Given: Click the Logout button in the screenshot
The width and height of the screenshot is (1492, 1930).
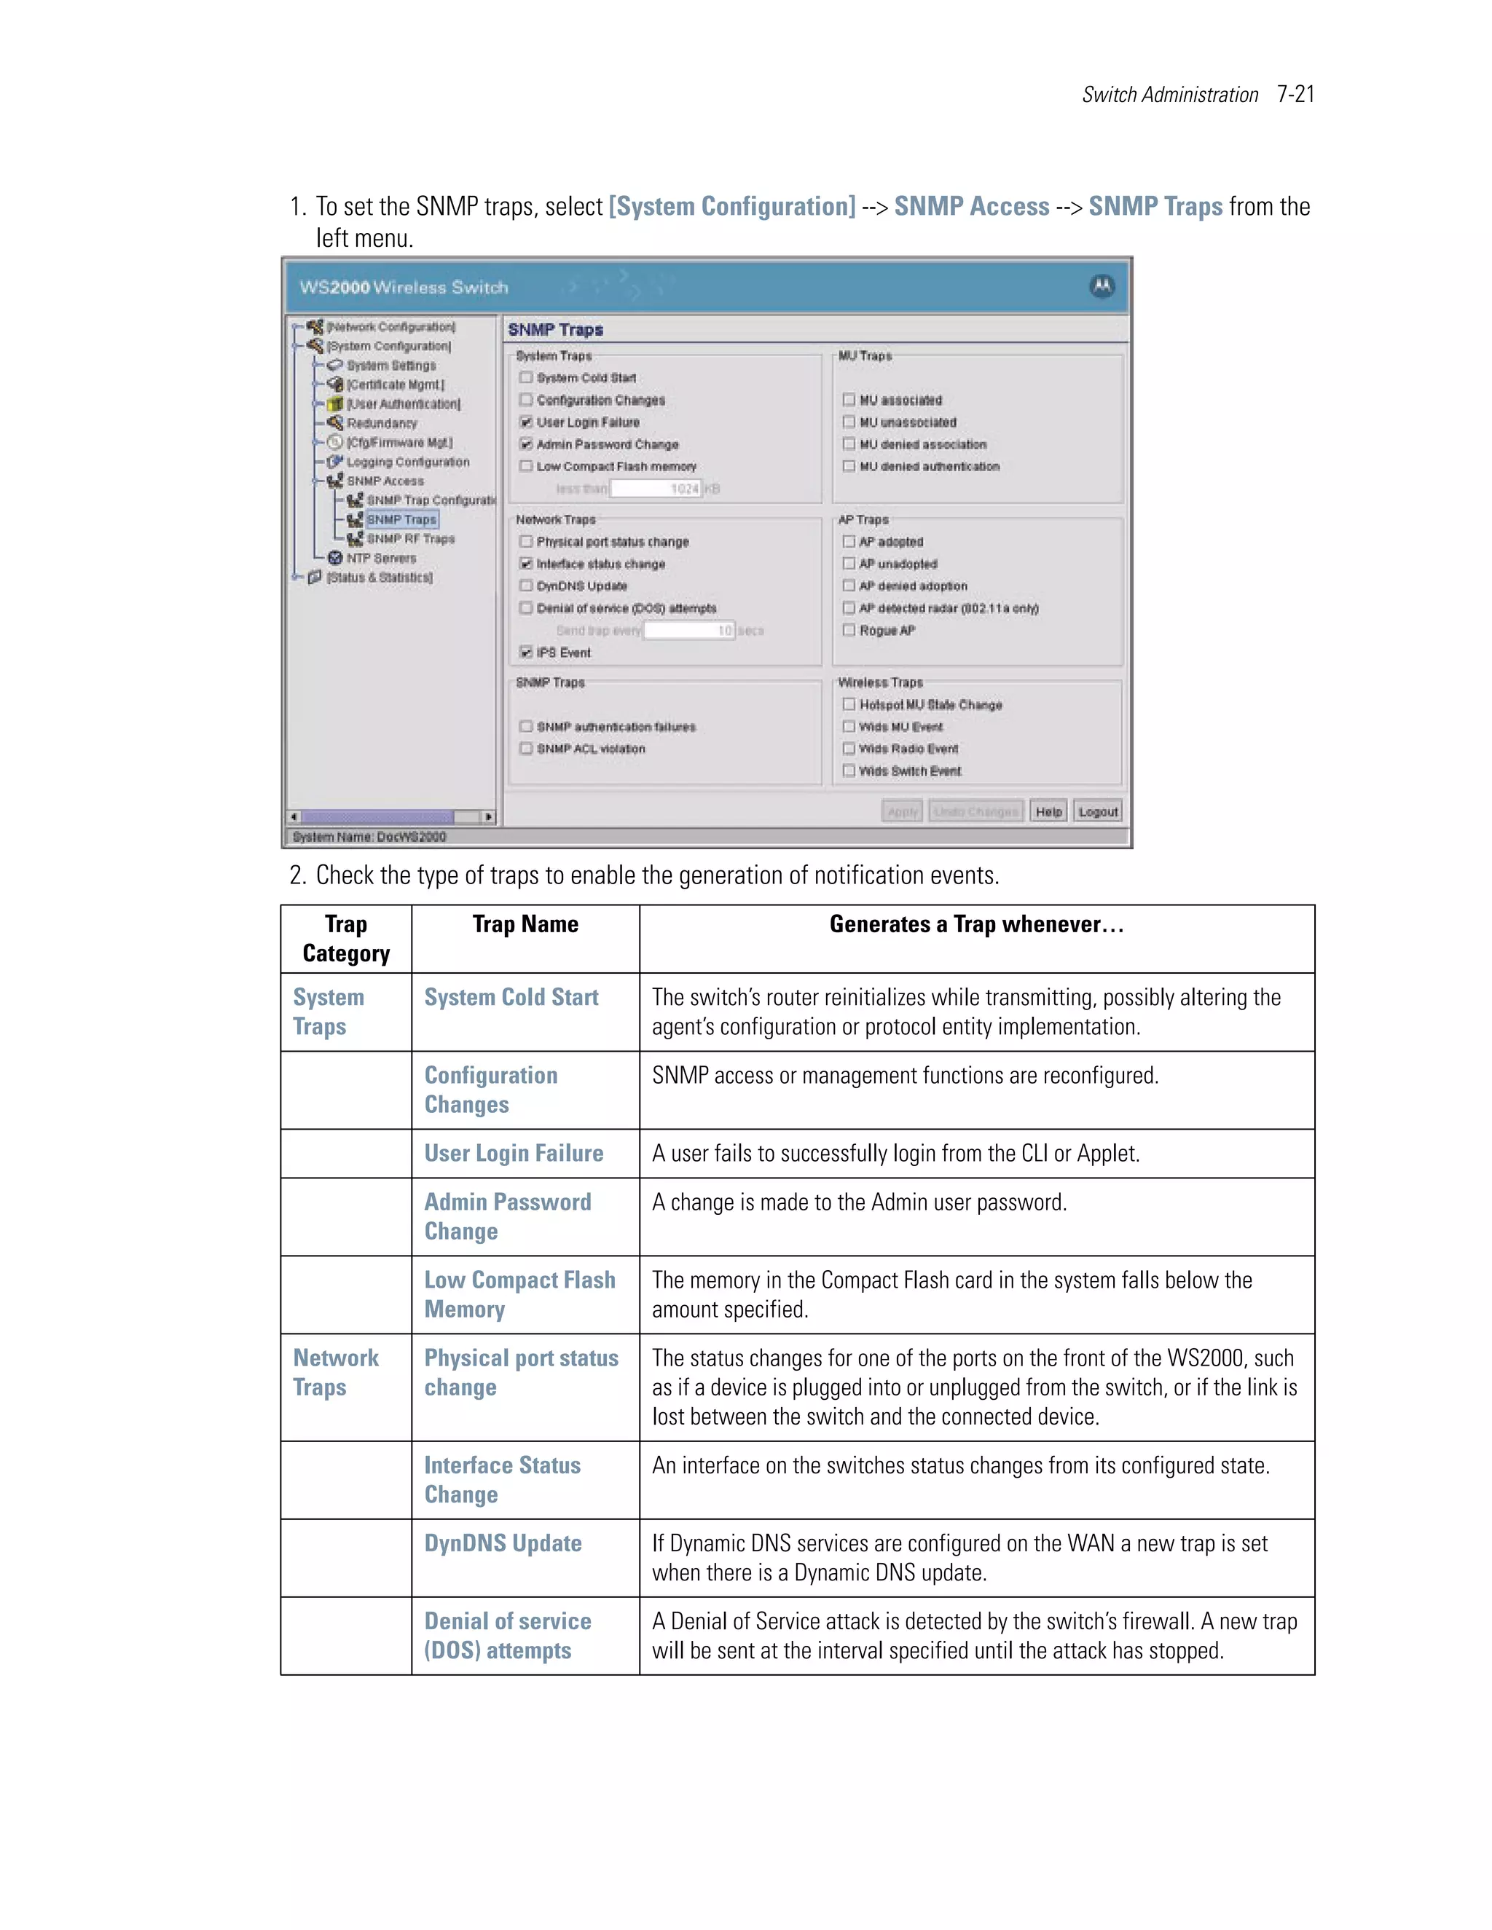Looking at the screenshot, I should [x=1098, y=811].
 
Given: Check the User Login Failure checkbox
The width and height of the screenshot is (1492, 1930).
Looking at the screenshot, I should [x=526, y=422].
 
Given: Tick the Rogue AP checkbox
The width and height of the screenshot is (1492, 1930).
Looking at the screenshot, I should [x=849, y=630].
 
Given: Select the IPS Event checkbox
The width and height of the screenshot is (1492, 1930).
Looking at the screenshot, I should [x=526, y=652].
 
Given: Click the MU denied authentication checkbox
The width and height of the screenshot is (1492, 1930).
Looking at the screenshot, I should [x=849, y=467].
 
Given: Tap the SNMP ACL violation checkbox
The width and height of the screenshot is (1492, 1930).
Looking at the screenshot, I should [x=526, y=749].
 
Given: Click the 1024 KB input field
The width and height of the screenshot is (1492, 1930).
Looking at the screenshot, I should [x=655, y=489].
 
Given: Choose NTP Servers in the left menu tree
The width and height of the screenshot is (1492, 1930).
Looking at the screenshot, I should [x=380, y=559].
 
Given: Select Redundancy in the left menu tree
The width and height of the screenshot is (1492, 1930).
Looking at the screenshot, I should [x=381, y=423].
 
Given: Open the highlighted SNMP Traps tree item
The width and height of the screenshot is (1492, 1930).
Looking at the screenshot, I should [x=401, y=519].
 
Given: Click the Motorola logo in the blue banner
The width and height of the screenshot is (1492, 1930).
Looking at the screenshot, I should [x=1102, y=286].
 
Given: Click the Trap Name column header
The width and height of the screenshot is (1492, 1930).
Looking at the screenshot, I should [x=525, y=924].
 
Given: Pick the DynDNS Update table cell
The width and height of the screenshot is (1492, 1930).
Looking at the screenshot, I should [x=503, y=1544].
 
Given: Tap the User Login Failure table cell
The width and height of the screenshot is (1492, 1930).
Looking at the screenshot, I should [x=514, y=1153].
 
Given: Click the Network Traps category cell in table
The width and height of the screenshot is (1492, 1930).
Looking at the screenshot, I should [x=336, y=1372].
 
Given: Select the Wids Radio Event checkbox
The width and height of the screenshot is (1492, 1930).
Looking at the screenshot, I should [x=849, y=749].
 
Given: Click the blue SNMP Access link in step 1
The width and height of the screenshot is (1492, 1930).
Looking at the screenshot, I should [x=971, y=207].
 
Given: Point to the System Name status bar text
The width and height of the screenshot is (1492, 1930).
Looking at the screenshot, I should [x=369, y=837].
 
